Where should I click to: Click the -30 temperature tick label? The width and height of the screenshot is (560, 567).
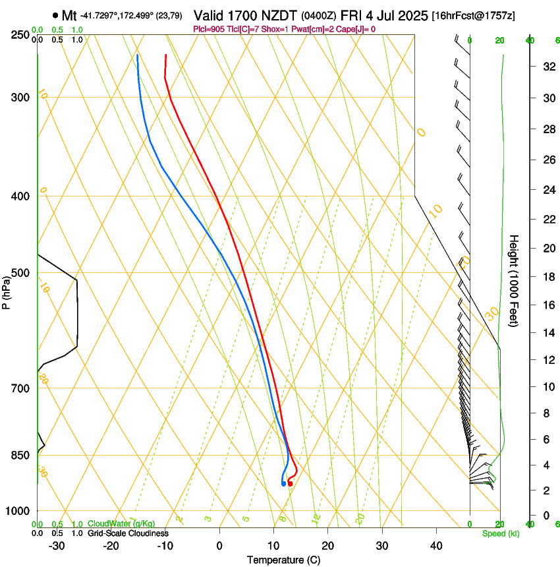coord(57,546)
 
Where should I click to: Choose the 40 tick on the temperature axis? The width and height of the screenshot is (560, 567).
coord(436,546)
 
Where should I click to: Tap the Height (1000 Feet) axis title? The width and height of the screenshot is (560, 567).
coord(515,280)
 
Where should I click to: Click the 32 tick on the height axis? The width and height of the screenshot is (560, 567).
coord(547,67)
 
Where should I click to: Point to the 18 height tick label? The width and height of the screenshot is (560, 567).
coord(547,277)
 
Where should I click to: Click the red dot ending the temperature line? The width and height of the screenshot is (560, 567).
coord(290,484)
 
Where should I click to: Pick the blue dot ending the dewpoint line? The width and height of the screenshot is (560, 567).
coord(283,484)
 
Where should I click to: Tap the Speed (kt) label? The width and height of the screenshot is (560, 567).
coord(500,533)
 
